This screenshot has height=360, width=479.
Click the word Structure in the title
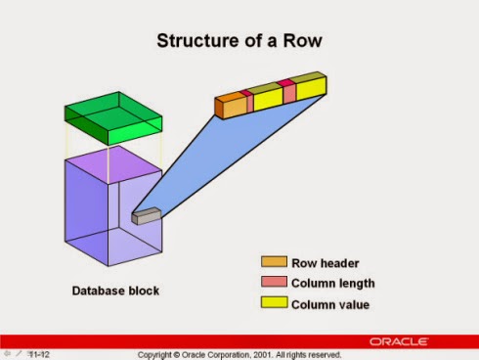pos(198,42)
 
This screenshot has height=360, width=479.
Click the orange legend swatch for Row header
pos(274,262)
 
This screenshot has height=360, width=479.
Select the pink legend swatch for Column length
pos(274,283)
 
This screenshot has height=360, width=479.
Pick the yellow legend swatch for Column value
pos(274,303)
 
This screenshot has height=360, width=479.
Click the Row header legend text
pos(326,262)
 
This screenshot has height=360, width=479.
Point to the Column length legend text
pos(333,283)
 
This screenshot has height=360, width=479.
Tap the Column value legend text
pos(330,303)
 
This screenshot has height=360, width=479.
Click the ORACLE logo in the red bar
pos(398,341)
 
